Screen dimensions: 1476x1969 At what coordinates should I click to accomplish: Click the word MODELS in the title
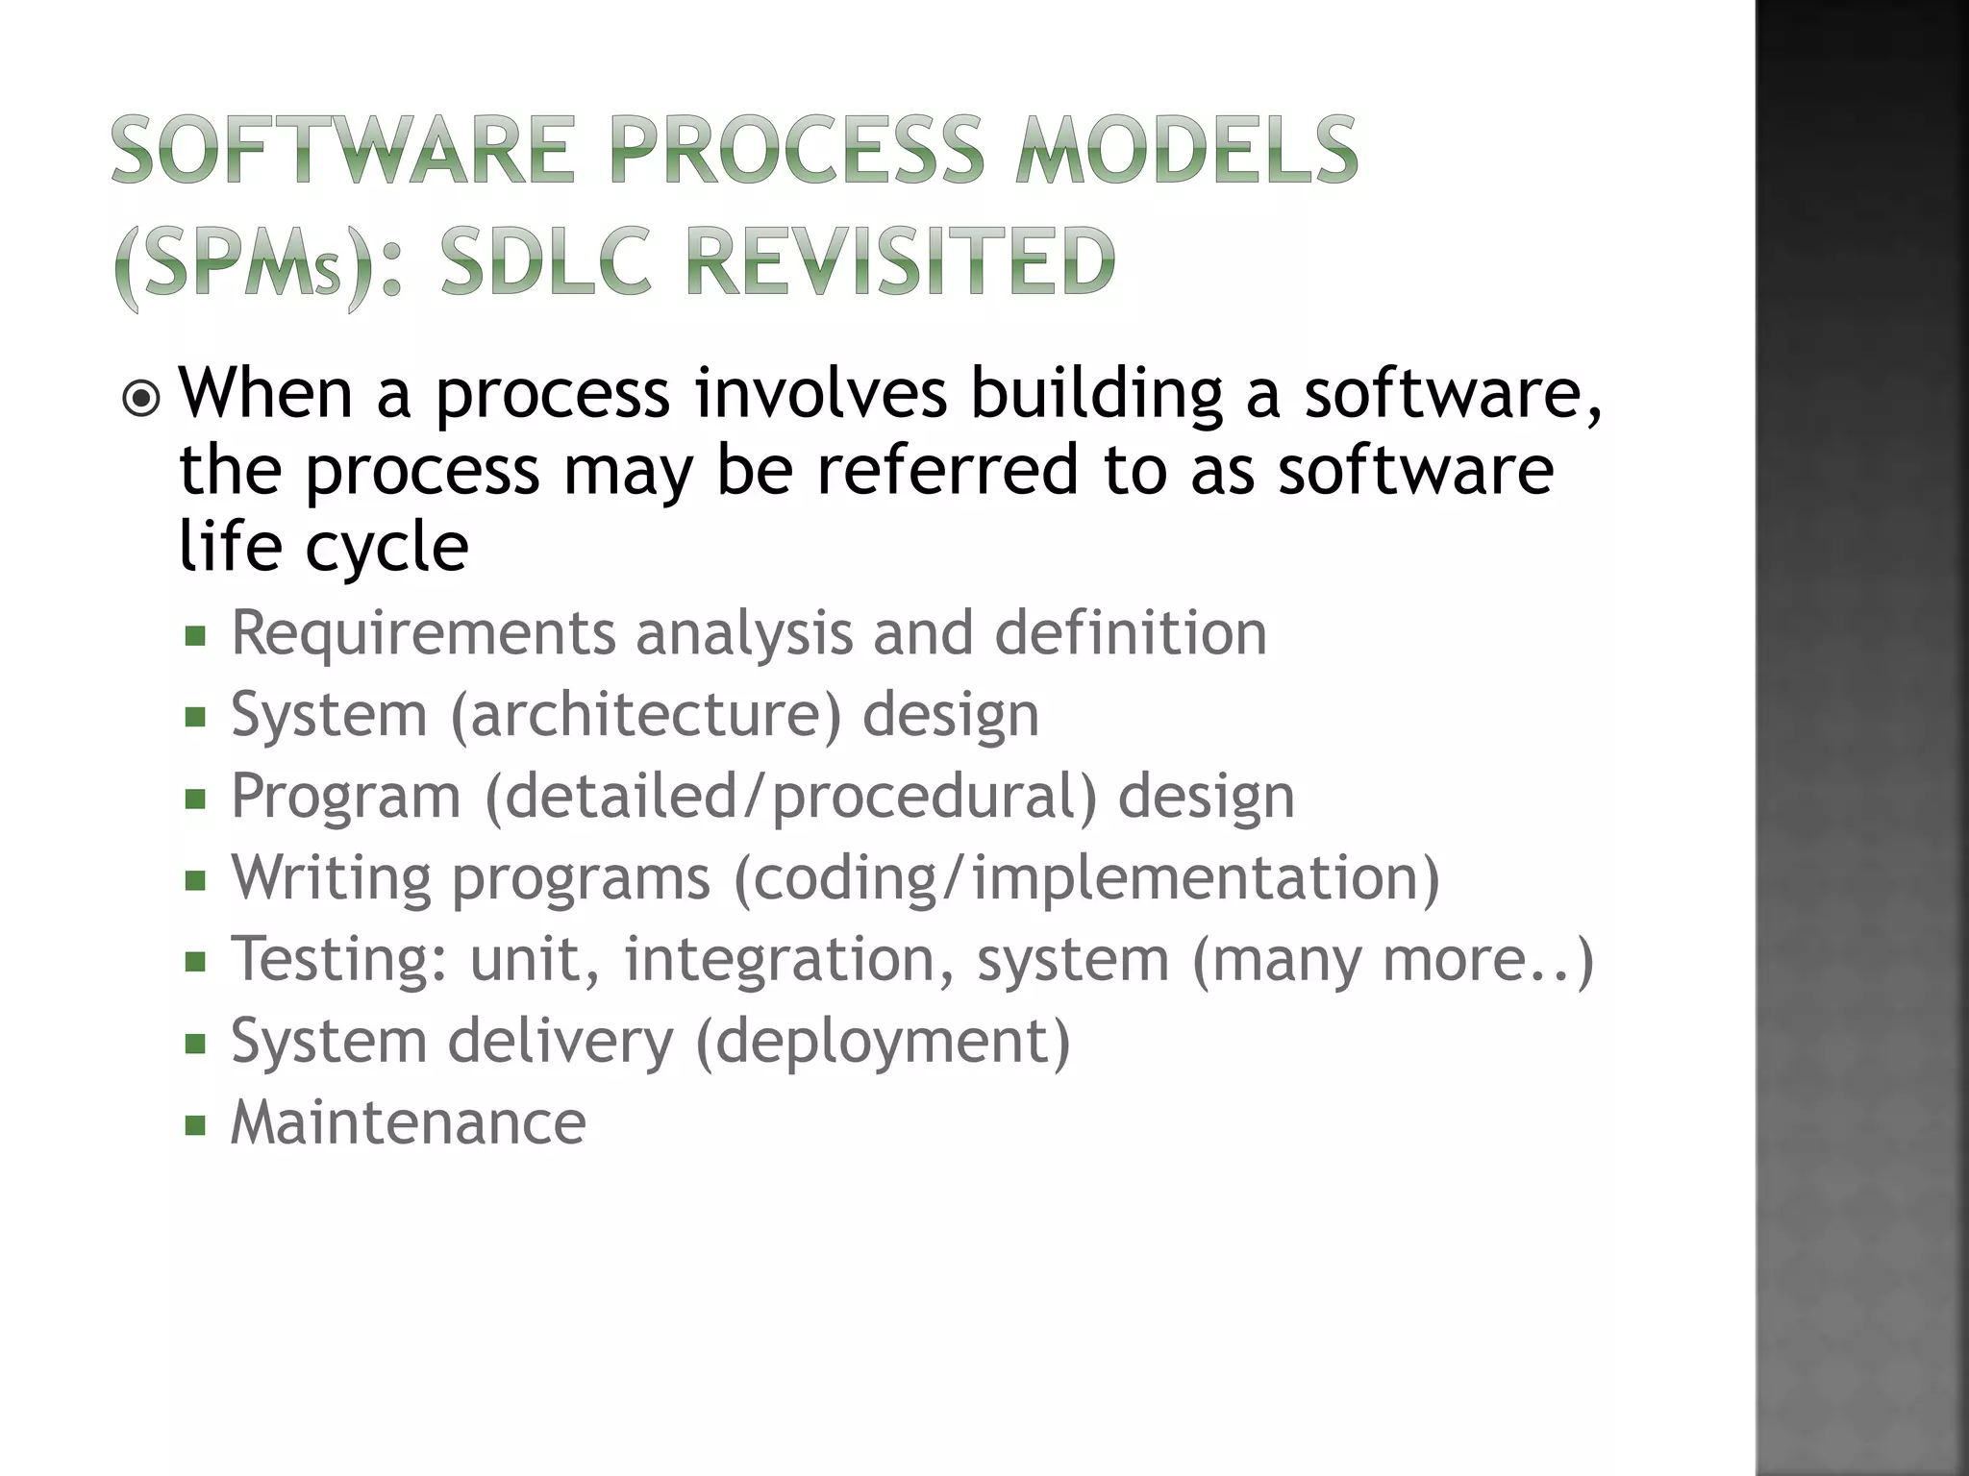(1186, 151)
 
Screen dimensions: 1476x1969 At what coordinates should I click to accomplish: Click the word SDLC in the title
(545, 261)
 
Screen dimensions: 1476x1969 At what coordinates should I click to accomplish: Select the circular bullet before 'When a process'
(142, 398)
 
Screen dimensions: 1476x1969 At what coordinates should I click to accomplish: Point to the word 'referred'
(947, 470)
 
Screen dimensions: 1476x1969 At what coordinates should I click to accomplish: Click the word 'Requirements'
(423, 633)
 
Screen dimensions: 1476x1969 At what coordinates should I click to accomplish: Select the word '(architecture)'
(645, 716)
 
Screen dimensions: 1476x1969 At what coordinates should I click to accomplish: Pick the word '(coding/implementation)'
(1086, 879)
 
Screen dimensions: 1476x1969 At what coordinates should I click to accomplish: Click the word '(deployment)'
(882, 1042)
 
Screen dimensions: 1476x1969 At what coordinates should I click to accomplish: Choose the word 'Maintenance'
(409, 1122)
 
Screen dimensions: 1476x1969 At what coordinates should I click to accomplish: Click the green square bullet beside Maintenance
(196, 1125)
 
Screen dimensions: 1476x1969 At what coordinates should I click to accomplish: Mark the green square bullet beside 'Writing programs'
(196, 880)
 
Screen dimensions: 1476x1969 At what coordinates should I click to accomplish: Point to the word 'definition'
(1131, 633)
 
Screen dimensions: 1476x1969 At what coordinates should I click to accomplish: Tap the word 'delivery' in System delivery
(561, 1042)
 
